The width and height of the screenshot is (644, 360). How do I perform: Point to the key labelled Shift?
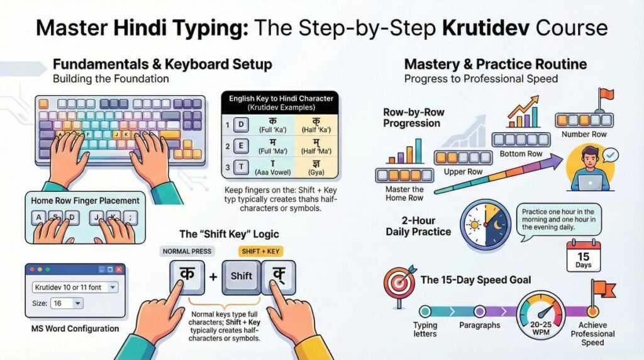pyautogui.click(x=241, y=275)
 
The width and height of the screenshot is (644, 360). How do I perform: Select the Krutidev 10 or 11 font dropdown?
pyautogui.click(x=74, y=287)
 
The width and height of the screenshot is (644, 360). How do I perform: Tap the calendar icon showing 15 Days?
pyautogui.click(x=583, y=255)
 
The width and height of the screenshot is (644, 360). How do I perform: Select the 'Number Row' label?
pyautogui.click(x=584, y=134)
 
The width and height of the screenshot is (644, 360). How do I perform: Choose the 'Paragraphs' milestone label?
pyautogui.click(x=479, y=325)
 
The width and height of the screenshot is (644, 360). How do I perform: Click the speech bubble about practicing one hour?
pyautogui.click(x=558, y=220)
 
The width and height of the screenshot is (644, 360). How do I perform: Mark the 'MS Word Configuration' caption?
pyautogui.click(x=75, y=329)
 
